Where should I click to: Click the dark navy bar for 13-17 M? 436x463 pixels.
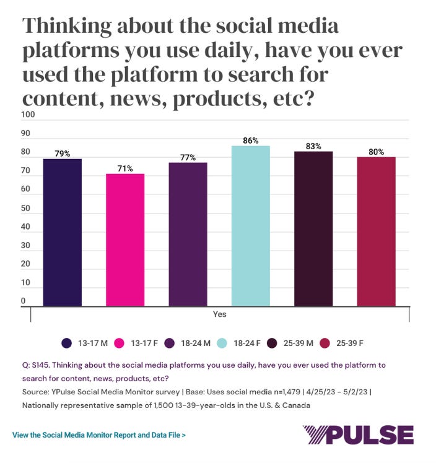click(x=62, y=232)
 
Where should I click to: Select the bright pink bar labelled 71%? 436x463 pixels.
click(x=125, y=240)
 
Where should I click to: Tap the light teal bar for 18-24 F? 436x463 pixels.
click(x=251, y=225)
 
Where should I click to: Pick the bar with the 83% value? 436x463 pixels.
click(x=313, y=228)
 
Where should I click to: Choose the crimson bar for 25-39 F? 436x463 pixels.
click(x=376, y=231)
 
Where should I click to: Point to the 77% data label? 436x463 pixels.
click(x=188, y=158)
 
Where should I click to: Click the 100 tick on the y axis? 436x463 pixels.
click(x=28, y=115)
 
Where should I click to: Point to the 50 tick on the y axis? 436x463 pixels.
click(x=27, y=209)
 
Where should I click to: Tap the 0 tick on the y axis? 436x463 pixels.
click(x=24, y=301)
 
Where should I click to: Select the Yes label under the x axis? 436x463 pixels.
click(x=219, y=314)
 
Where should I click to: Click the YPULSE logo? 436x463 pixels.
click(x=357, y=435)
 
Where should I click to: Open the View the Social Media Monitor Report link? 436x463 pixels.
click(x=99, y=435)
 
